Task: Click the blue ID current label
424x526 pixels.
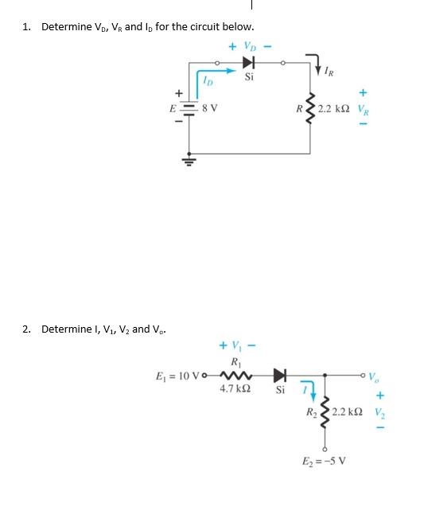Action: (207, 80)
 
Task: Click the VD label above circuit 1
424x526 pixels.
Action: (250, 46)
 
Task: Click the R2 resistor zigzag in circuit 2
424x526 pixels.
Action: (325, 412)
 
